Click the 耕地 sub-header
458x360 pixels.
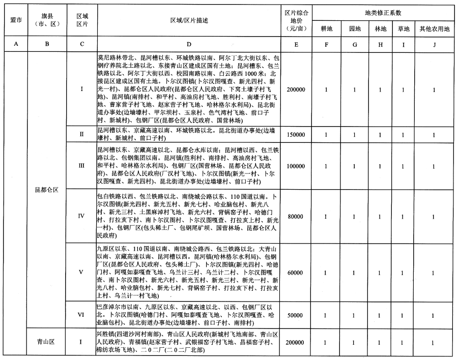[x=326, y=28]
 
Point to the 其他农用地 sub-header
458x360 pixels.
[x=433, y=28]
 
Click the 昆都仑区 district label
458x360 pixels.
[x=47, y=190]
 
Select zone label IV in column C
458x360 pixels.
[x=81, y=216]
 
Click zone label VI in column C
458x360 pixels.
[x=81, y=315]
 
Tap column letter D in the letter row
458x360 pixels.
[x=189, y=44]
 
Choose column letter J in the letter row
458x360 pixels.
[x=433, y=44]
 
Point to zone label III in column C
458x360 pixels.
[x=81, y=166]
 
